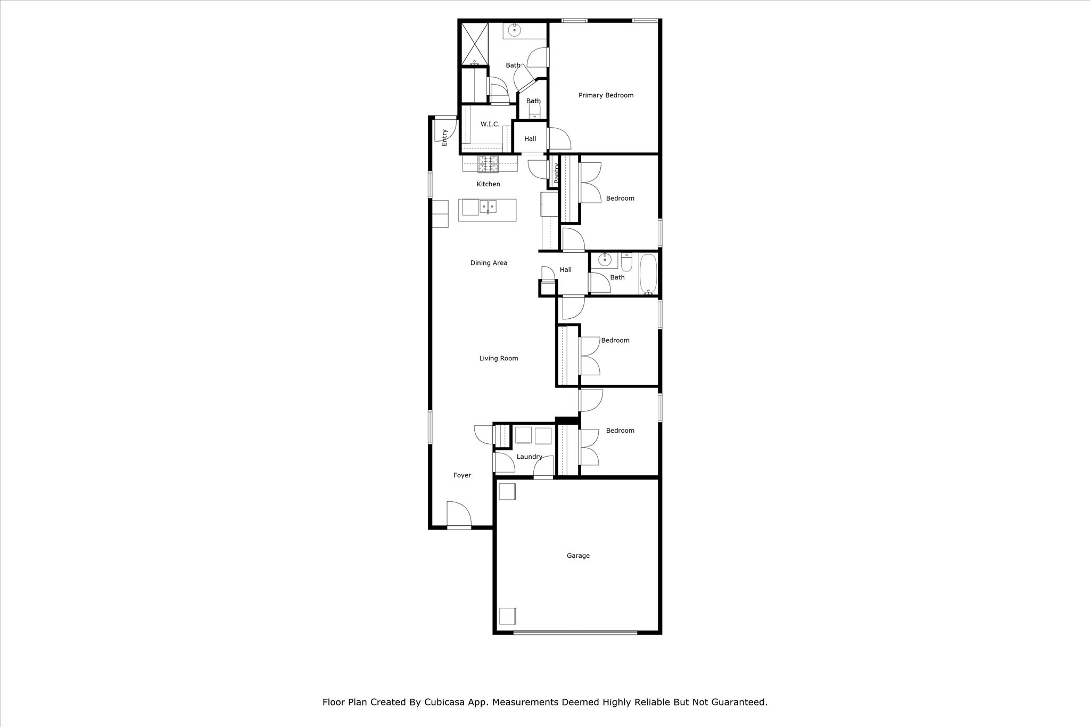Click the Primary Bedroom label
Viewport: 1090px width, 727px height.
point(606,95)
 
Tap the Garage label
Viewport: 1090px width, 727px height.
point(578,556)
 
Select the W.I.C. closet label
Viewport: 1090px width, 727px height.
point(490,124)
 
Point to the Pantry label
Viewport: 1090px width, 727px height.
point(556,174)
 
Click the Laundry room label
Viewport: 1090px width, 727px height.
point(529,457)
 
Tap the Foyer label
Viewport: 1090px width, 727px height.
point(462,475)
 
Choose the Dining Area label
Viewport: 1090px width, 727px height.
point(489,263)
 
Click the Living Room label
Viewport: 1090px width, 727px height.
point(498,358)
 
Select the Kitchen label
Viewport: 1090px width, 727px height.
point(488,184)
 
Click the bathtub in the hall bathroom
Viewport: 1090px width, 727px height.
point(648,274)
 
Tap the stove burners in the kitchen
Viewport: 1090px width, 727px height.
point(488,164)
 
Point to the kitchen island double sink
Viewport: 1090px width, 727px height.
point(488,206)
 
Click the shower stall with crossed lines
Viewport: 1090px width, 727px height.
point(474,44)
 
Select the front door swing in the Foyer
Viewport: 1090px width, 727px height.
point(458,514)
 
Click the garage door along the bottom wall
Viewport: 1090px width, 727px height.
point(575,632)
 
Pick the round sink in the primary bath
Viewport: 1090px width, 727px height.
point(515,30)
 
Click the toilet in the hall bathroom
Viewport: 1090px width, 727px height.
point(626,263)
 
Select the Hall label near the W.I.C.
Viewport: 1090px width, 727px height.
point(530,139)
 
